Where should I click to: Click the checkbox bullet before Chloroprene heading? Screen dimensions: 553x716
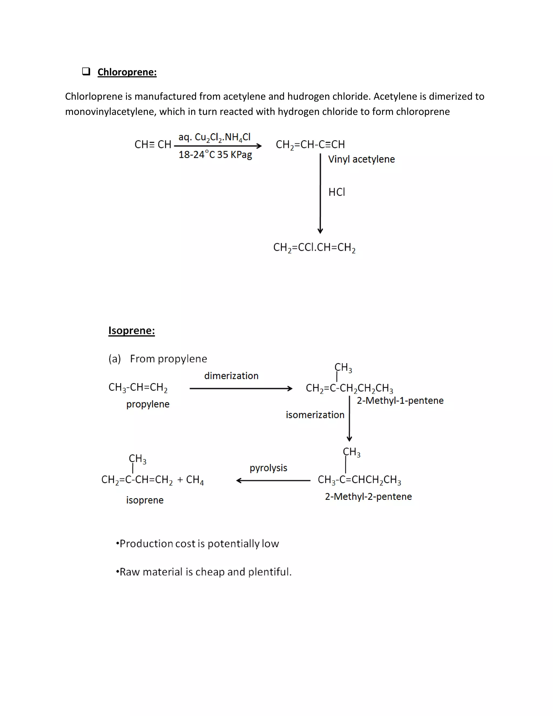point(86,72)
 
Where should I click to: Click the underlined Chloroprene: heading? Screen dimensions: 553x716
point(127,72)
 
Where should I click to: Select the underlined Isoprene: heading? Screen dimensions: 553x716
point(131,330)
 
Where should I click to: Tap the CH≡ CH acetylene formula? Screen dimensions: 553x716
point(153,145)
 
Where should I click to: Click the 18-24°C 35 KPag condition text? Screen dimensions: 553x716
point(215,154)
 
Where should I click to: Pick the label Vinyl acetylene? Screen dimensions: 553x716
point(361,159)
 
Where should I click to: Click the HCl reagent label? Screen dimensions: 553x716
point(337,192)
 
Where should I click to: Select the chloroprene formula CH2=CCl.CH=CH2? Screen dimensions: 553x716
point(314,247)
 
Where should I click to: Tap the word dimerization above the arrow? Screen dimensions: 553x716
point(231,376)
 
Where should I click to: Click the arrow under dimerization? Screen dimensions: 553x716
point(241,389)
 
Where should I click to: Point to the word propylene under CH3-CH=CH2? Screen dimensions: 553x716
point(148,404)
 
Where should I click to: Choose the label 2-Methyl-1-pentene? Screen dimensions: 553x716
point(400,401)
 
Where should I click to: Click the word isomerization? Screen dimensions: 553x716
point(315,415)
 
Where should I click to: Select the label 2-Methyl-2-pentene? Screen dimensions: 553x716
point(368,497)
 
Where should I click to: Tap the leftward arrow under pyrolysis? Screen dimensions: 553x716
point(273,481)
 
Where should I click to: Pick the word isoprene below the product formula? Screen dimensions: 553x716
point(145,500)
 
